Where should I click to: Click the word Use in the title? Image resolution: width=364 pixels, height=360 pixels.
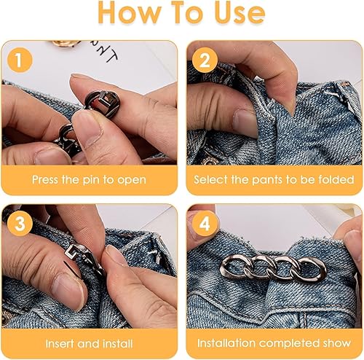240,12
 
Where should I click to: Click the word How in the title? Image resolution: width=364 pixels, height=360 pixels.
130,12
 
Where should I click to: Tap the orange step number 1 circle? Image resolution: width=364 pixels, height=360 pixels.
20,60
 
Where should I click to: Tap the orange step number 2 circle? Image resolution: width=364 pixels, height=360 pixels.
205,60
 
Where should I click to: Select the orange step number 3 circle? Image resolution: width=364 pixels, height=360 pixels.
20,224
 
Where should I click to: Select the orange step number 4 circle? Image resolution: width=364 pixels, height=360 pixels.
205,224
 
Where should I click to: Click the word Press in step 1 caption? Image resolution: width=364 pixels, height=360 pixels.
46,180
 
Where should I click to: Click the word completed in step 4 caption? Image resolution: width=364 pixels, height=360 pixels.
289,343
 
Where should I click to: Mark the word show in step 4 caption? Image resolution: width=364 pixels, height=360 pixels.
337,343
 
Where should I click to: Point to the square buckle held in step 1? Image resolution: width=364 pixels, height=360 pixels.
103,103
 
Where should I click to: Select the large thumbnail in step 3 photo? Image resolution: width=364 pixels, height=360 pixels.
68,291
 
